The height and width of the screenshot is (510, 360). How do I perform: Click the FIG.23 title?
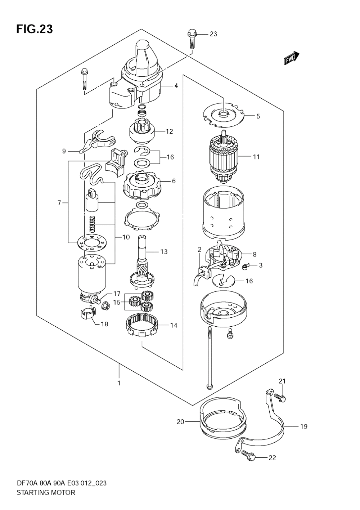pyautogui.click(x=34, y=29)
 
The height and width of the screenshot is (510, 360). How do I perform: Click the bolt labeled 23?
pyautogui.click(x=191, y=40)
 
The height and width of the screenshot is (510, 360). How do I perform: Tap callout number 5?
pyautogui.click(x=258, y=116)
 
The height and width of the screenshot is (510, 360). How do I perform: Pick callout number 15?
pyautogui.click(x=117, y=302)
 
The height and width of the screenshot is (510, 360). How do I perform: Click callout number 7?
pyautogui.click(x=59, y=203)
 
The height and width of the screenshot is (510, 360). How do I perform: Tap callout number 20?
pyautogui.click(x=181, y=421)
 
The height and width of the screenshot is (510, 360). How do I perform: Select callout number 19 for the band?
pyautogui.click(x=304, y=426)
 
